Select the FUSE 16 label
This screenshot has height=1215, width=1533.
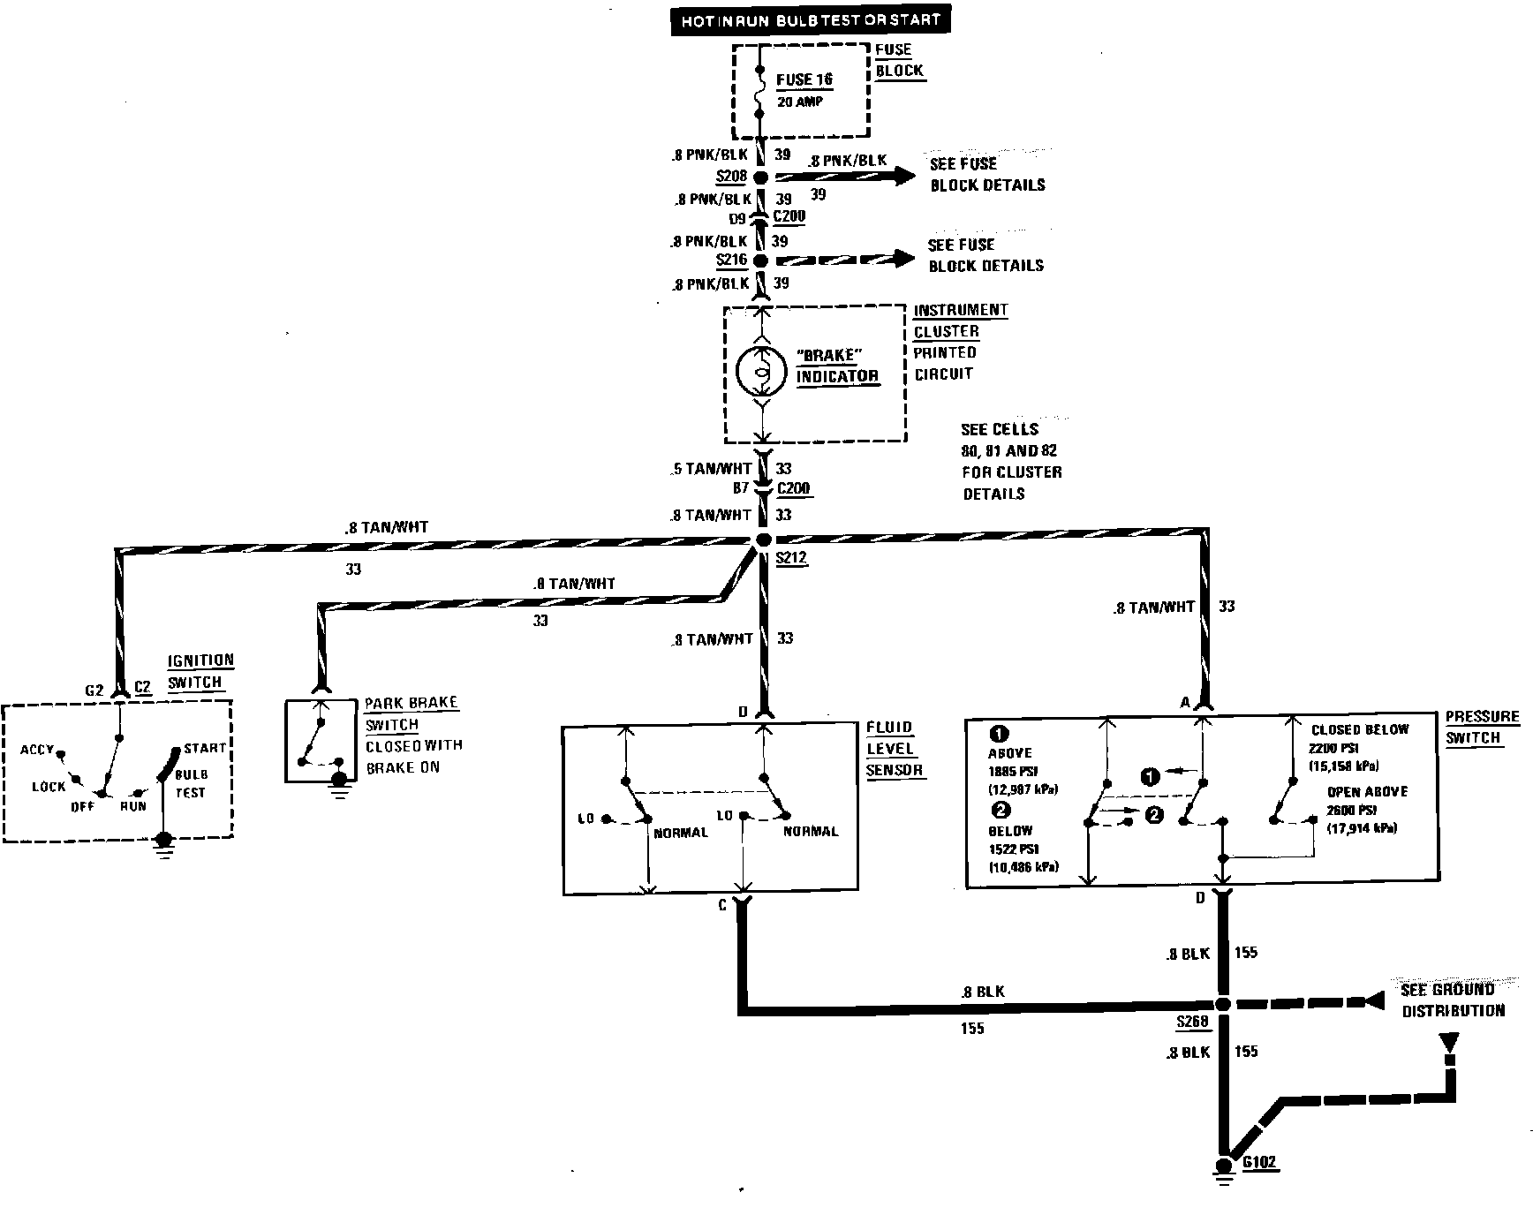tap(804, 79)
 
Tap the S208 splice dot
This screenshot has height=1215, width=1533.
tap(761, 177)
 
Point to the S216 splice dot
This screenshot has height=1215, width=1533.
tap(761, 260)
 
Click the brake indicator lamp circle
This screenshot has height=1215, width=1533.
tap(761, 374)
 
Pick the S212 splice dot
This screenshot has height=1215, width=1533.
tap(765, 540)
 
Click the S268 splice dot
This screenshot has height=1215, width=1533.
tap(1223, 1004)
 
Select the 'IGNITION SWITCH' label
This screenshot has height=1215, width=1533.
tap(200, 671)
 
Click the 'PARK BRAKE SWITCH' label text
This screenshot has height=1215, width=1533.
tap(411, 713)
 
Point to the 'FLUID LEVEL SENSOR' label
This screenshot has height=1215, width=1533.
tap(894, 748)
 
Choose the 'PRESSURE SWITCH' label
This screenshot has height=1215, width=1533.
tap(1482, 727)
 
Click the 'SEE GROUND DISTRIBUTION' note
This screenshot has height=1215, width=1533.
tap(1452, 1000)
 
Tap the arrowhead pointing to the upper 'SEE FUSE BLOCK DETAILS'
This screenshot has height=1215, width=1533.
tap(904, 176)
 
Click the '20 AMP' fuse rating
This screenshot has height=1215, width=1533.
tap(799, 102)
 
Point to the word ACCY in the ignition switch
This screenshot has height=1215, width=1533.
tap(37, 750)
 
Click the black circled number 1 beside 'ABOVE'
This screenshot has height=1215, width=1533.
tap(999, 734)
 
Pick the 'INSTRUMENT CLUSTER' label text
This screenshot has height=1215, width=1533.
tap(960, 320)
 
